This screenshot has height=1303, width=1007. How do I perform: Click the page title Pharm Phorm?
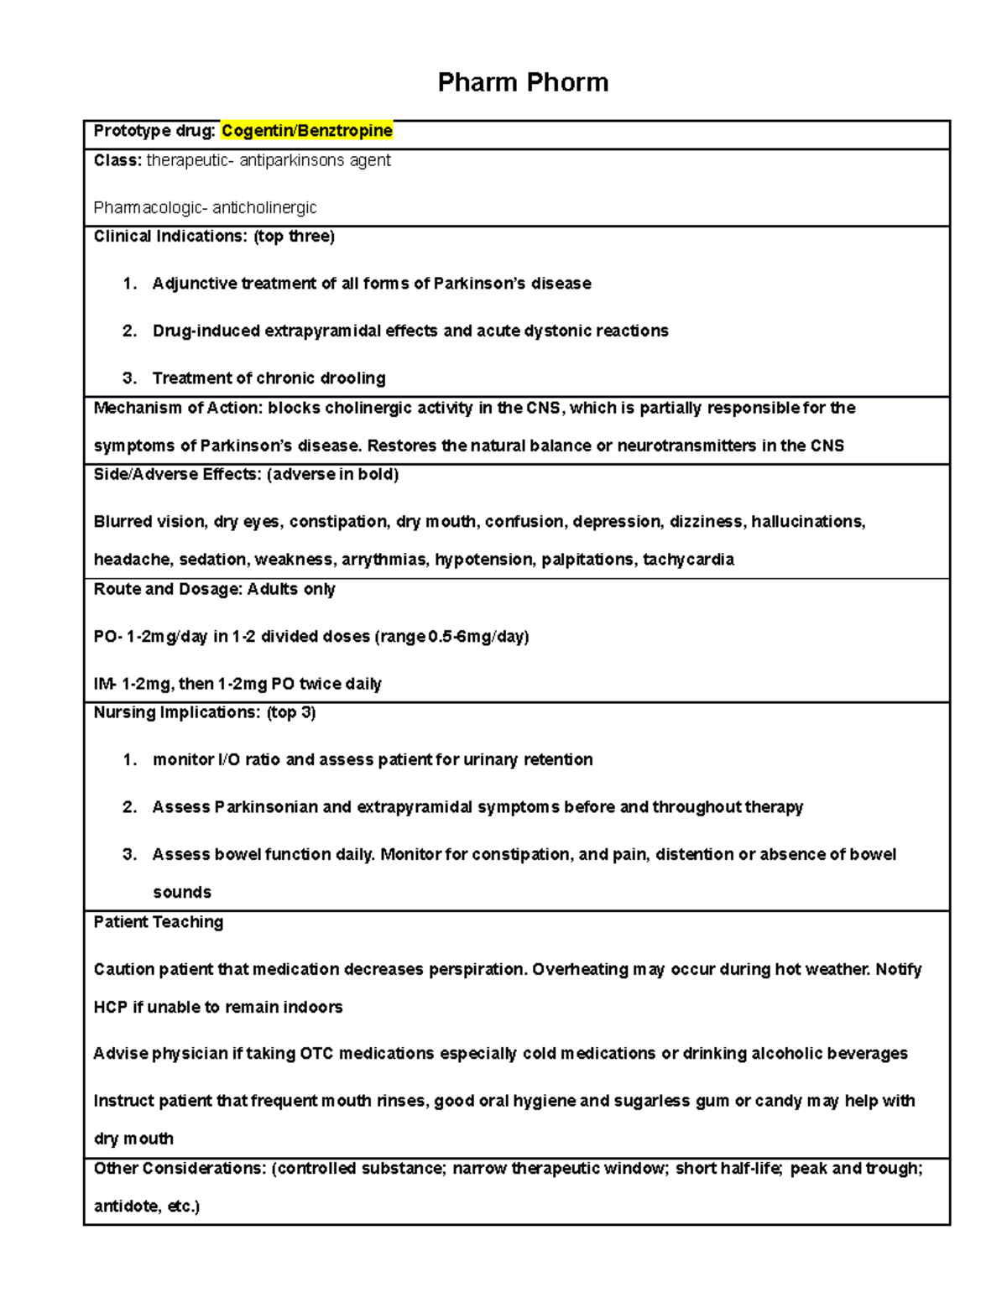523,82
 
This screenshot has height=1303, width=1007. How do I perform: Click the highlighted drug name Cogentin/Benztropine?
307,131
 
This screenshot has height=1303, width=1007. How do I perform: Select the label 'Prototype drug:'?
154,131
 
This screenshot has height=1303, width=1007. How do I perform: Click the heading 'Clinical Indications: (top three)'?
214,237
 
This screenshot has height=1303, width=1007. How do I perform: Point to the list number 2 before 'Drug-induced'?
128,331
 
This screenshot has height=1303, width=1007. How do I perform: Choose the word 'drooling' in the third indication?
352,378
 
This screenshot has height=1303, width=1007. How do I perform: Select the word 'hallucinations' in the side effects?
807,522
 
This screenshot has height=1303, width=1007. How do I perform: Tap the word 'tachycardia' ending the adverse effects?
688,560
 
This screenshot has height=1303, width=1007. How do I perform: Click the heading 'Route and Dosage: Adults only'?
214,590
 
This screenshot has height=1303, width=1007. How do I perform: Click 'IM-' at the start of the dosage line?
105,684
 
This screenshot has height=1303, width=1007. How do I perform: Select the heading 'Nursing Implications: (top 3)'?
205,713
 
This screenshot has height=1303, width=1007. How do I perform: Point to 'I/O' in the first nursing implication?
228,760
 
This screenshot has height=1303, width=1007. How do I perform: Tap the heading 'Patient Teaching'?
159,922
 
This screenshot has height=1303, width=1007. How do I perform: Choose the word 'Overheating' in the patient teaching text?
578,970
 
